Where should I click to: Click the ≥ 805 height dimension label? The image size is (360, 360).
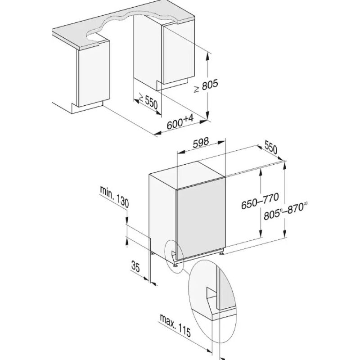[206, 86]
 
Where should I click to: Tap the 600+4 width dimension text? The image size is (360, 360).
[180, 122]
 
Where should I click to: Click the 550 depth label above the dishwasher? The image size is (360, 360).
[271, 147]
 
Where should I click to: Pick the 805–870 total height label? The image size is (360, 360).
[286, 211]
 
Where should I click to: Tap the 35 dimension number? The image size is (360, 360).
[135, 266]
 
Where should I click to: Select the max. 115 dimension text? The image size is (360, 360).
[175, 325]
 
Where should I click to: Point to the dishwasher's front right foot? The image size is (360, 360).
[221, 253]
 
